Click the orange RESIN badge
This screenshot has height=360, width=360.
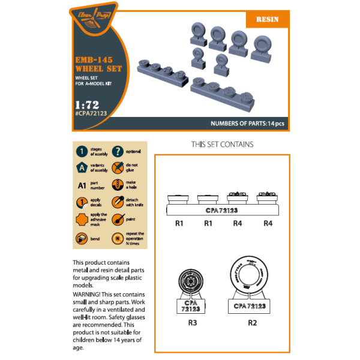pos(268,19)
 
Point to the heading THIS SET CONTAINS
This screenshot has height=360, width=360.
pos(222,145)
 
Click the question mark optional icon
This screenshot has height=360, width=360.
pos(118,152)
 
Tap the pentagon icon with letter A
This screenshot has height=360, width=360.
pos(81,168)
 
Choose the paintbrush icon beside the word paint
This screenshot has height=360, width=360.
pos(118,220)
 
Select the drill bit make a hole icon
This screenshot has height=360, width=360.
pos(118,185)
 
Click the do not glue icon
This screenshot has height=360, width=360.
pos(118,169)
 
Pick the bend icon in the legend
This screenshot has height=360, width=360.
pos(81,239)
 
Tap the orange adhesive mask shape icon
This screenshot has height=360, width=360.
pos(81,220)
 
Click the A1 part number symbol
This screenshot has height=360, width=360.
pos(81,185)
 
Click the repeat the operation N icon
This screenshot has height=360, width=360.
pos(118,239)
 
